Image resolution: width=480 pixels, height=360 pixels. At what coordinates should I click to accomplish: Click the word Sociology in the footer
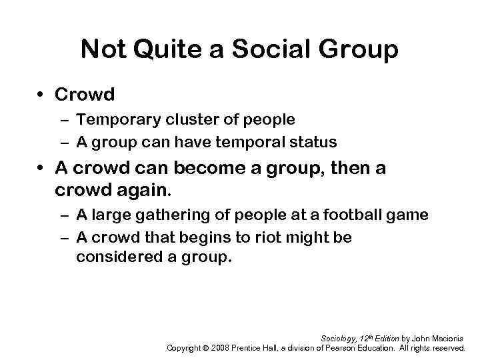339,339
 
